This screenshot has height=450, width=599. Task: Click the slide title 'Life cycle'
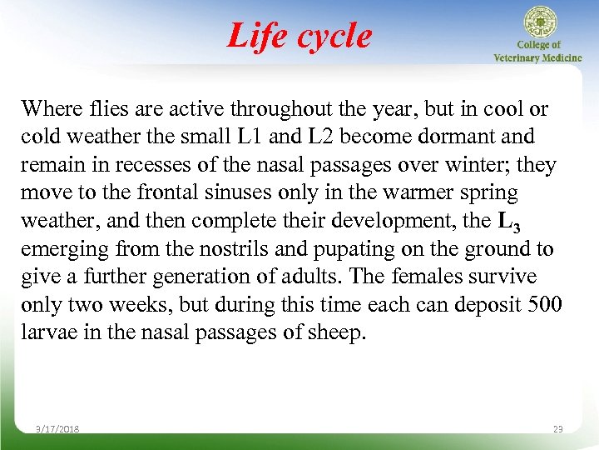299,36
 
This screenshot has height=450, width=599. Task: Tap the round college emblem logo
539,22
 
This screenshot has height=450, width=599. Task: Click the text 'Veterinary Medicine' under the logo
537,57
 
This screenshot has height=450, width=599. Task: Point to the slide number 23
557,429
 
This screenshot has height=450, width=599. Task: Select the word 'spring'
488,193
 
